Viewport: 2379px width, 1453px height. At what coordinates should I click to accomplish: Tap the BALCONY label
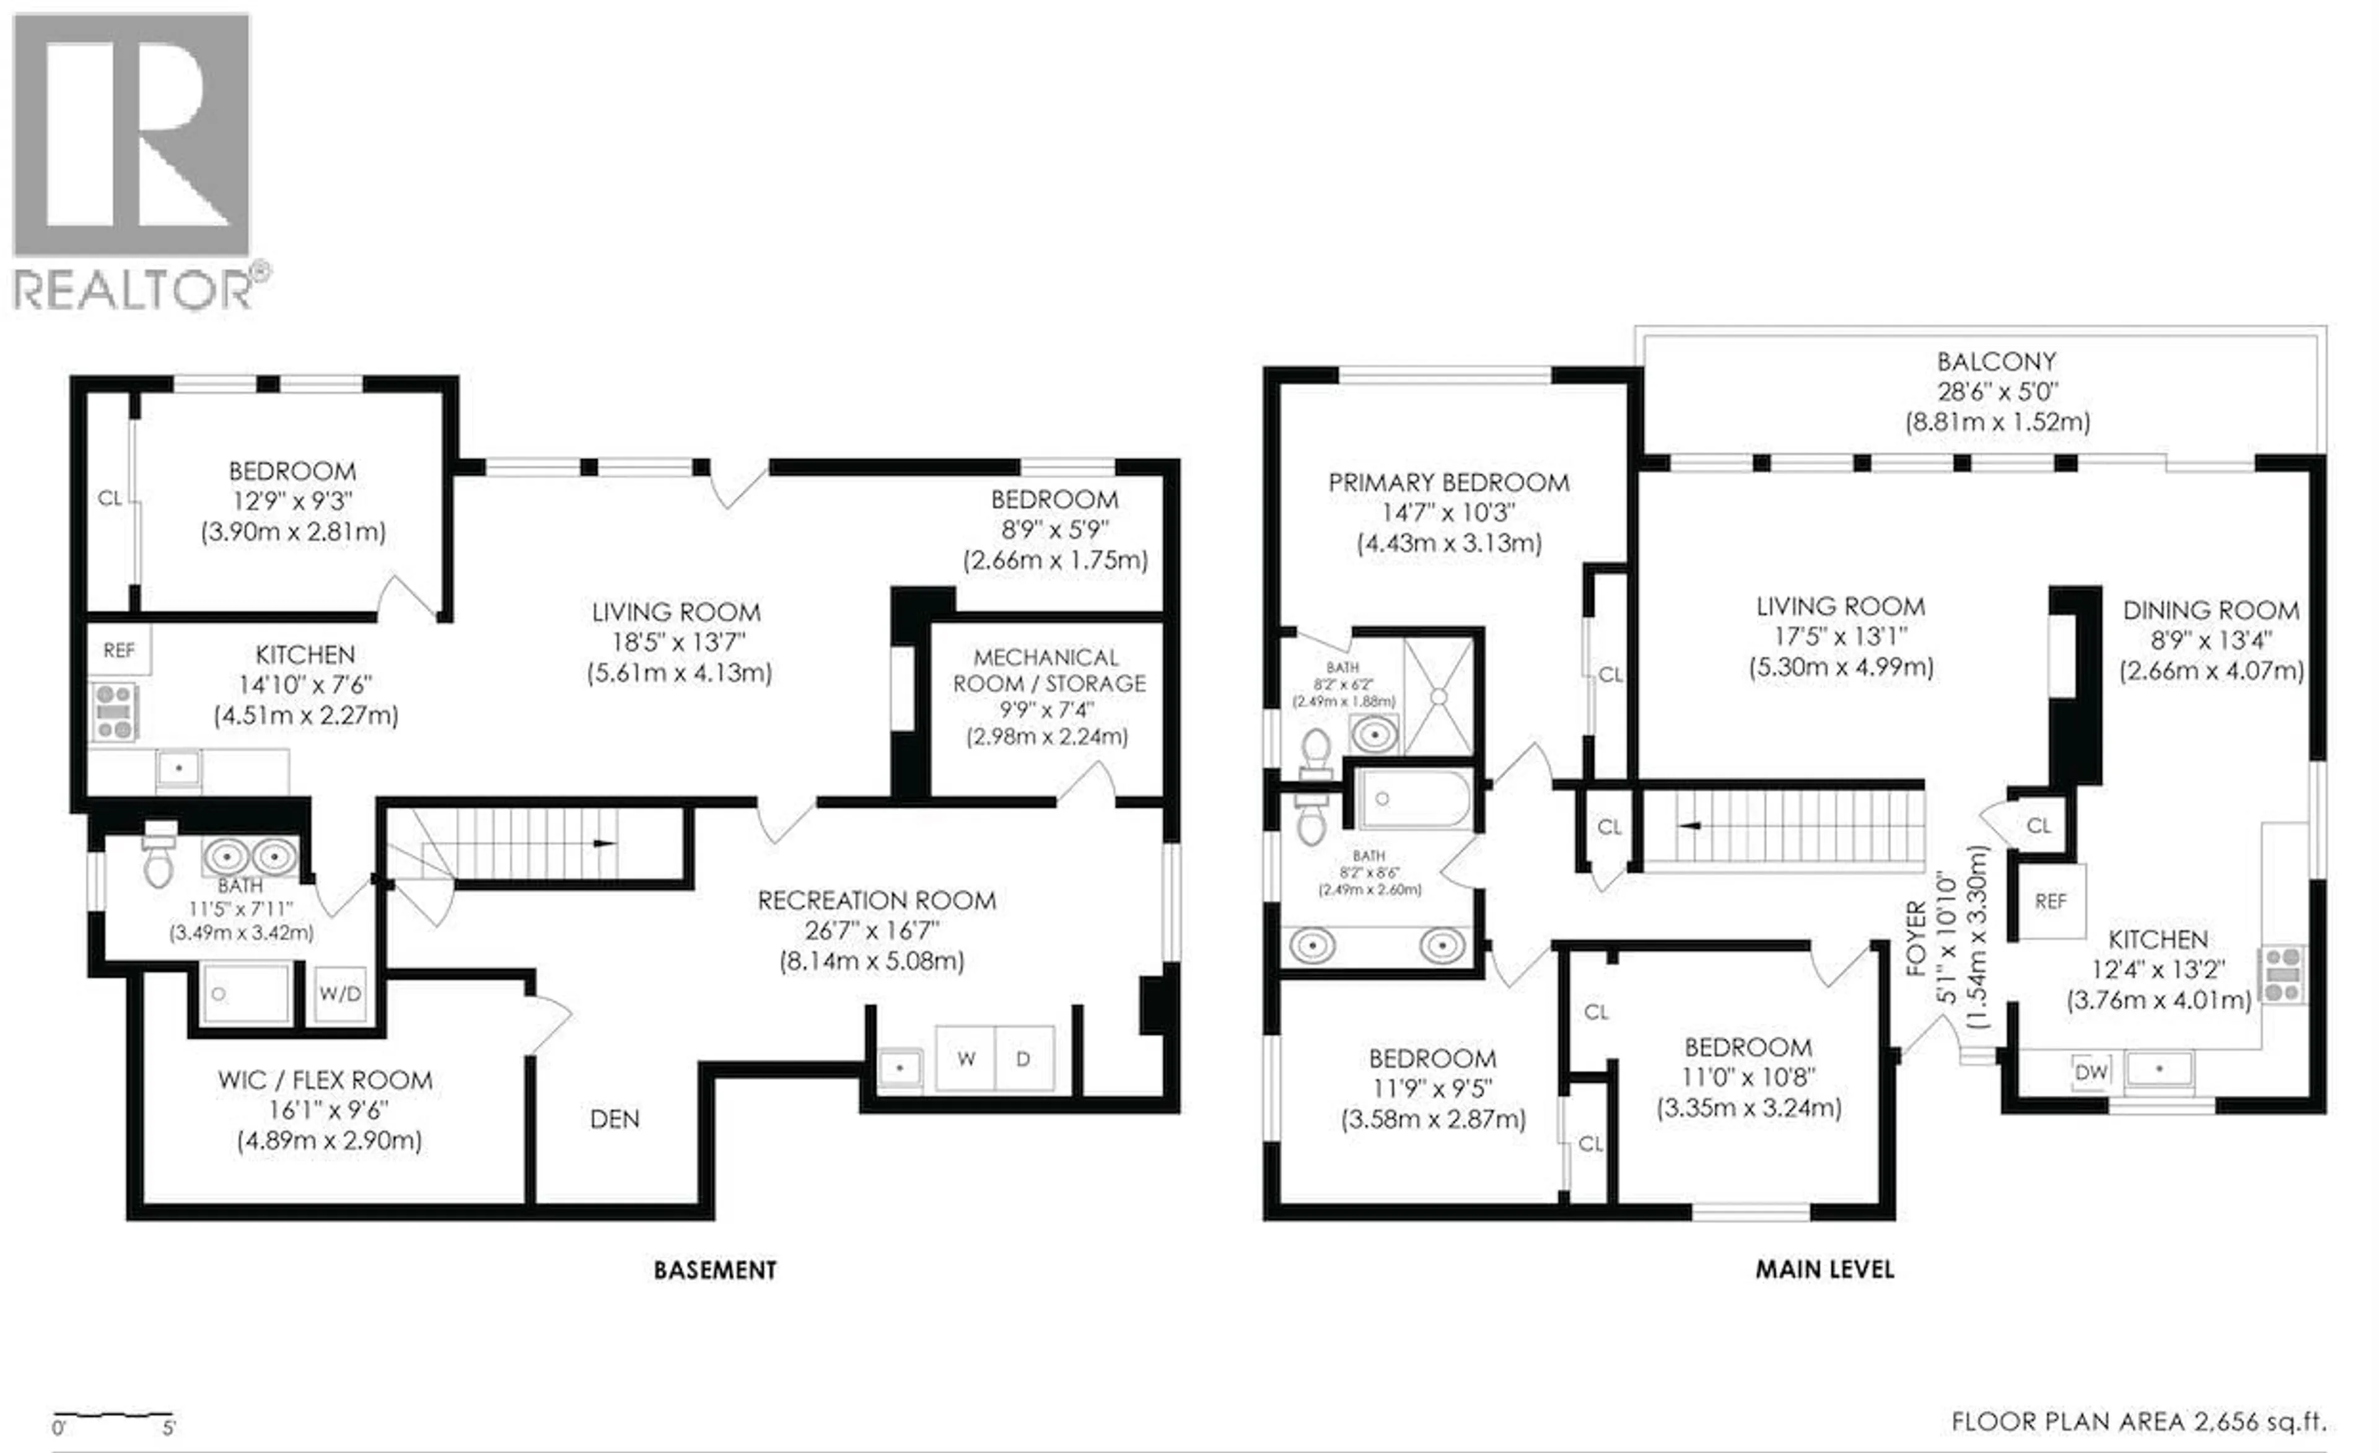point(1996,362)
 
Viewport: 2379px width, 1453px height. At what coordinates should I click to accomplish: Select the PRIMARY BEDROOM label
point(1448,483)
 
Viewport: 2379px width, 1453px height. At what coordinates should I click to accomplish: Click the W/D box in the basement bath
point(340,993)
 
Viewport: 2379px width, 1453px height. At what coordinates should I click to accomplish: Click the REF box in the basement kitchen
point(119,651)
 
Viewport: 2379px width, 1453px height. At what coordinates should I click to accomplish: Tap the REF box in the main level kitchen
point(2050,901)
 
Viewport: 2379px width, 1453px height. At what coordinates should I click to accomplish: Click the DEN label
point(614,1119)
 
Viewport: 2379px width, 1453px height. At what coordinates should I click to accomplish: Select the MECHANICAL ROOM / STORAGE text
point(1048,670)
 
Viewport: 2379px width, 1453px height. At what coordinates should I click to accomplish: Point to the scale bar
point(113,1417)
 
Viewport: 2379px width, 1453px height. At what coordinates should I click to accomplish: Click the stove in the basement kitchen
point(114,711)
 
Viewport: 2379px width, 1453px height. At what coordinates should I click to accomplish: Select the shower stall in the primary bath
point(1439,696)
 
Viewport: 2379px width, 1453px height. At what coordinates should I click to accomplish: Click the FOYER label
point(1917,939)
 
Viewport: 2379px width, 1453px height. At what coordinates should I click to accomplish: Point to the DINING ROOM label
point(2210,610)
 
